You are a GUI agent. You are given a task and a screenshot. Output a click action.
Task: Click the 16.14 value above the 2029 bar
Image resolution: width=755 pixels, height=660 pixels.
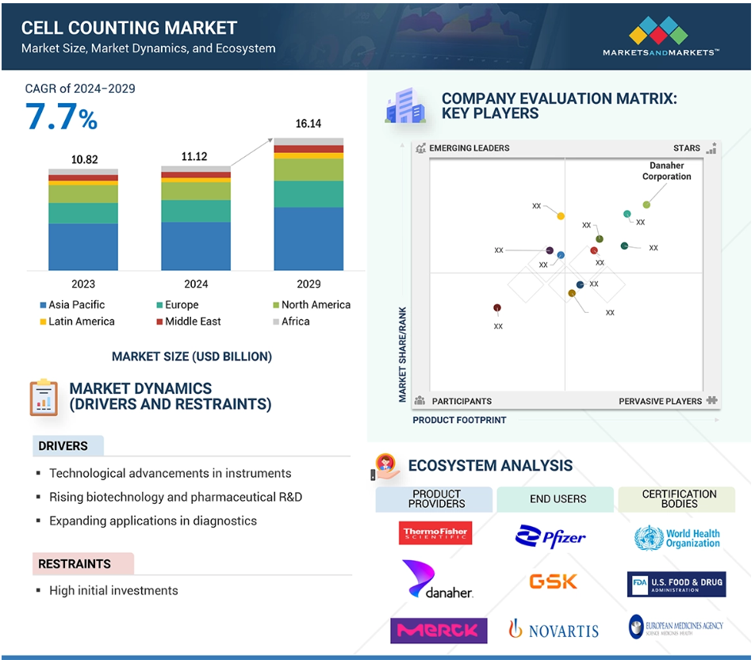coord(309,124)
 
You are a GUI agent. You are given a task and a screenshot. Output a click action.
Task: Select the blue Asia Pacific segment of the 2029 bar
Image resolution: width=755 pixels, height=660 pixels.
coord(309,238)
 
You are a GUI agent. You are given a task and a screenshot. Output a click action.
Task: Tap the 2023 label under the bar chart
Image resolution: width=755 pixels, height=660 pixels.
coord(83,284)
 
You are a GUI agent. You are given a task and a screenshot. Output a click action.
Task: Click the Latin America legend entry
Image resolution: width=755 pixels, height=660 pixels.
coord(76,322)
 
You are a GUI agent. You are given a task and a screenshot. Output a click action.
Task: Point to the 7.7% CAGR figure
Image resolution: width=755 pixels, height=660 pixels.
coord(61,116)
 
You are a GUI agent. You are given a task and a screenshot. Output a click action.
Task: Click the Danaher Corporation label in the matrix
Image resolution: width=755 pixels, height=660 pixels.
coord(666,171)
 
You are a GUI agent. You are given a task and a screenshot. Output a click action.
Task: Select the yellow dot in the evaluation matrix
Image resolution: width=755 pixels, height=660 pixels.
coord(561,216)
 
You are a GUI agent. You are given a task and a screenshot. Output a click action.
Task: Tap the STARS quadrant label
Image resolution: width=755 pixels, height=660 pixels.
coord(687,148)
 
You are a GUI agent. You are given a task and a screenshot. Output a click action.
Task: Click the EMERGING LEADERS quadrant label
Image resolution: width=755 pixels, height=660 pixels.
coord(469,148)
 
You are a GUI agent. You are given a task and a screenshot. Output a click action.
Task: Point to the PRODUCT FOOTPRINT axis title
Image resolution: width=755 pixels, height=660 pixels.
coord(459,420)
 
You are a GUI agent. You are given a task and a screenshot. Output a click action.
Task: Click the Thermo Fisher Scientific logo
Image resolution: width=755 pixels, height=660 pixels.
coord(436,533)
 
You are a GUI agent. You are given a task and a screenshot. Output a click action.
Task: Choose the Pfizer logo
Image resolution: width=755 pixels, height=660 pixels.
coord(551,536)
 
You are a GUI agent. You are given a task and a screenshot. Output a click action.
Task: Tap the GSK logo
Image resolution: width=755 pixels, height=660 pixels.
coord(554,582)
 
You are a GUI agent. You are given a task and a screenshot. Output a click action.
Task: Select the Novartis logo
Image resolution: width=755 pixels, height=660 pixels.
coord(554,630)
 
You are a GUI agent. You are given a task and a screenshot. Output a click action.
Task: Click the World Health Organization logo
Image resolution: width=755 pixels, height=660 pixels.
coord(677,539)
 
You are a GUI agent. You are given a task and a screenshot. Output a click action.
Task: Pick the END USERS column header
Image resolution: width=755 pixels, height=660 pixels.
coord(558,499)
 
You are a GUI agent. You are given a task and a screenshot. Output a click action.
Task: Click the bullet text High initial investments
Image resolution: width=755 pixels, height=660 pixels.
coord(113,590)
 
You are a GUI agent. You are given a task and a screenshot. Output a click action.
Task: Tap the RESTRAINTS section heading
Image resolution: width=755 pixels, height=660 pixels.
coord(75,563)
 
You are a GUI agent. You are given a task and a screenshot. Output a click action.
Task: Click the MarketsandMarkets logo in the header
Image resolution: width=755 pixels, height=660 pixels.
coord(661,37)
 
